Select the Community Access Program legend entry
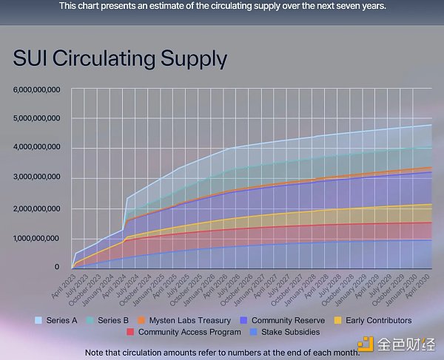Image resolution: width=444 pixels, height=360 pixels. tap(190, 332)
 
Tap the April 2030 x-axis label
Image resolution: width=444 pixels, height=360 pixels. tap(424, 284)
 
